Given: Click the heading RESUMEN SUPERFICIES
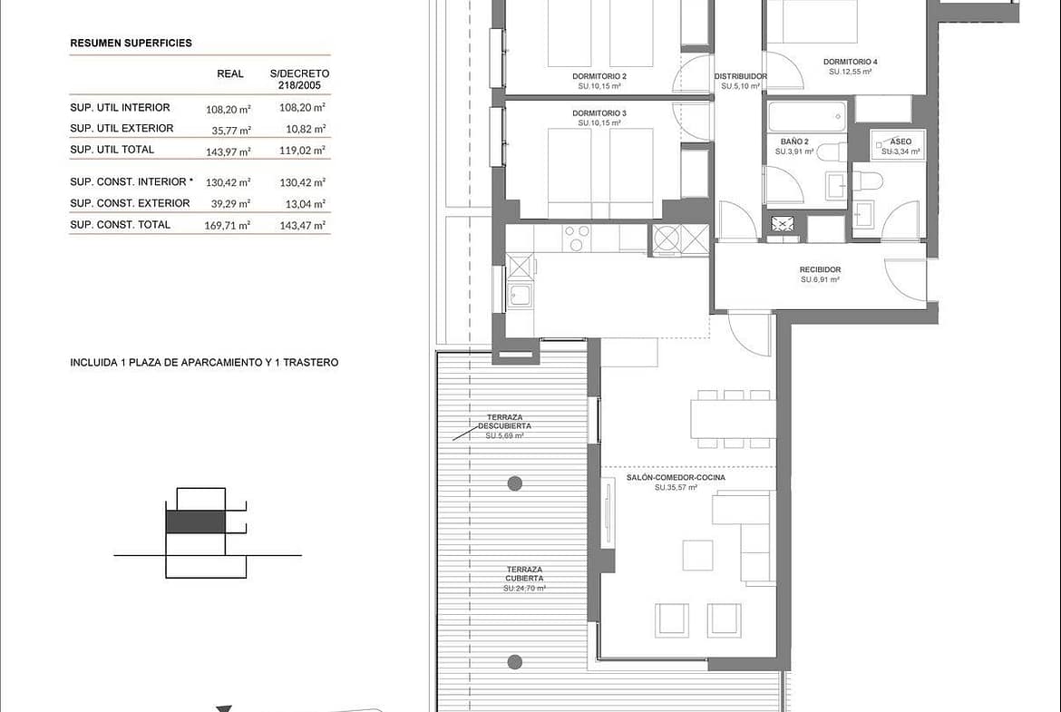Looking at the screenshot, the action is (131, 43).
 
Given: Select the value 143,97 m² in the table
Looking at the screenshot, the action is (228, 151).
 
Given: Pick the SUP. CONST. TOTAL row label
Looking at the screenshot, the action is (121, 225).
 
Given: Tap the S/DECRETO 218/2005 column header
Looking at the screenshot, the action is (299, 79).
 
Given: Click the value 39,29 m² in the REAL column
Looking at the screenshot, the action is (228, 204).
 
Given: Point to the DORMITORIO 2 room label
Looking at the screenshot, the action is (599, 76).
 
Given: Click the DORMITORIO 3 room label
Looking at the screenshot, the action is (599, 113).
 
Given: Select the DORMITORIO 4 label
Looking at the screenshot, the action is (851, 62).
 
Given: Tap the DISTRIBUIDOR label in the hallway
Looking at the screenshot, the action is (741, 76).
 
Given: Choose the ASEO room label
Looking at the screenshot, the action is (900, 142).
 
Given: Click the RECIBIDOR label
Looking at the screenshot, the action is (820, 269).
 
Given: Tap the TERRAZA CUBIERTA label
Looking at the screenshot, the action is (524, 574).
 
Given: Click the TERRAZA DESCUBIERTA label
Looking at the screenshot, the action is (505, 422).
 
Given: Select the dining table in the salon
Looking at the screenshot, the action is (734, 419).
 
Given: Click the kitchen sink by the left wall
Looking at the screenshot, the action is (520, 295).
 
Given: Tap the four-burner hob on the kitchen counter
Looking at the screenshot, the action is (577, 239).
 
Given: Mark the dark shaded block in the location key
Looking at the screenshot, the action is (196, 522).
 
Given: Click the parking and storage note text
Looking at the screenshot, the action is (204, 363).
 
